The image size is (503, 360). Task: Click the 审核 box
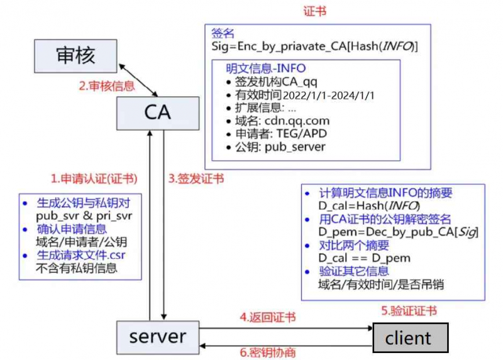tap(75, 55)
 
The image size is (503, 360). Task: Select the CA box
tap(157, 112)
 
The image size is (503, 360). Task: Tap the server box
tap(157, 337)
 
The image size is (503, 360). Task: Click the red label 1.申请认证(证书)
tap(94, 178)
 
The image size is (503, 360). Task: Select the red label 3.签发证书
tap(196, 178)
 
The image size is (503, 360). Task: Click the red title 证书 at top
tap(315, 11)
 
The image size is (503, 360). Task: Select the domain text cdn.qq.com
tap(296, 121)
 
